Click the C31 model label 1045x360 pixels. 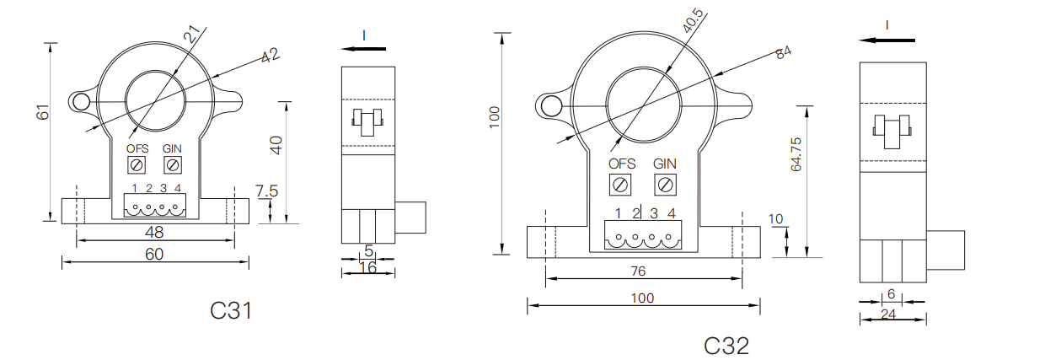pyautogui.click(x=231, y=310)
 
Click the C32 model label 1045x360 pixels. pyautogui.click(x=726, y=346)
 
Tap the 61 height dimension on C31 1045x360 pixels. pyautogui.click(x=42, y=112)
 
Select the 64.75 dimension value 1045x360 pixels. pyautogui.click(x=796, y=154)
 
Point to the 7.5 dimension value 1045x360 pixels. pyautogui.click(x=266, y=191)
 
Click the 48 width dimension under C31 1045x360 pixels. pyautogui.click(x=154, y=232)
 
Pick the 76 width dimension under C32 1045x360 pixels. pyautogui.click(x=638, y=271)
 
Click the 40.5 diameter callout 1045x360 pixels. pyautogui.click(x=693, y=20)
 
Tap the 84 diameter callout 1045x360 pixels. pyautogui.click(x=783, y=51)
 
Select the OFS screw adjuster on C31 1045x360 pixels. pyautogui.click(x=137, y=165)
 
